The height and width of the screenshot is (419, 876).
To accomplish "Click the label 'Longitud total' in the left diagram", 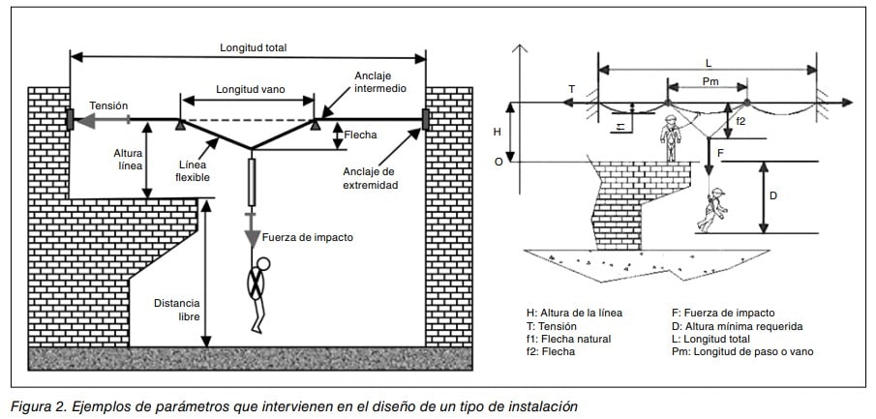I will (254, 47).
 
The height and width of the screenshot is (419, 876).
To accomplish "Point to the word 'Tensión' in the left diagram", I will (107, 106).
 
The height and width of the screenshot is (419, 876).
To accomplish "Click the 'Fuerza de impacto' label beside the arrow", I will (307, 237).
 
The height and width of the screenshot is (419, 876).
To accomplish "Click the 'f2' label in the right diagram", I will (740, 123).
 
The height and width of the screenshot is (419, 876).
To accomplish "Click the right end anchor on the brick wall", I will (426, 120).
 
